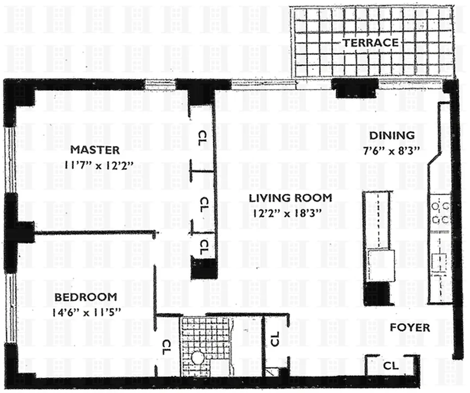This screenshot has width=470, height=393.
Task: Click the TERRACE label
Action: point(370,43)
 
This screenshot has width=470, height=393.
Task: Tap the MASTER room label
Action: point(94,149)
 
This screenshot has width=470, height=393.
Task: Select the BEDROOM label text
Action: point(86,297)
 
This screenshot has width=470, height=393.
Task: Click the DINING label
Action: point(392,136)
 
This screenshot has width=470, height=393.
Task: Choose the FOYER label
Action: point(410,328)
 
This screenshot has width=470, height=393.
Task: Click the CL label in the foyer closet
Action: point(391,365)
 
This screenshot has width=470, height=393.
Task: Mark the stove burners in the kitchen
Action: point(440,211)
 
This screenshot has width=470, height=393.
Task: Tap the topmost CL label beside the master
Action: point(202,138)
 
